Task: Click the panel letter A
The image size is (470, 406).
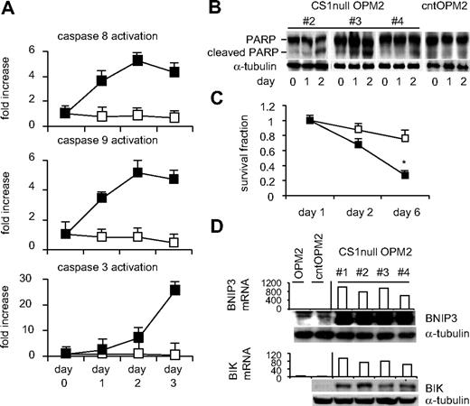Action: [11, 11]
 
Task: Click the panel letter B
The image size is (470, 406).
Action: [253, 11]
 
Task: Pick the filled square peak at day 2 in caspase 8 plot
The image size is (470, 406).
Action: [164, 60]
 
